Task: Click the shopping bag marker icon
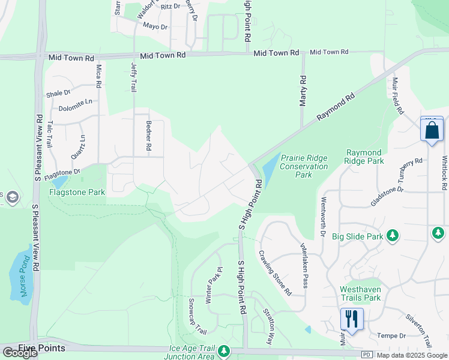pyautogui.click(x=432, y=130)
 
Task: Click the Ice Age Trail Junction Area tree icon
pyautogui.click(x=224, y=350)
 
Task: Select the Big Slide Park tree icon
pyautogui.click(x=393, y=235)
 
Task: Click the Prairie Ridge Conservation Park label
pyautogui.click(x=304, y=166)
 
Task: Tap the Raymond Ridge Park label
pyautogui.click(x=364, y=157)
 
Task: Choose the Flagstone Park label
pyautogui.click(x=77, y=193)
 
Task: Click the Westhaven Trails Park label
pyautogui.click(x=360, y=293)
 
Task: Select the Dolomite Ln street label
pyautogui.click(x=76, y=109)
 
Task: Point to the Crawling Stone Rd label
pyautogui.click(x=275, y=272)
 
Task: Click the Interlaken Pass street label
pyautogui.click(x=304, y=265)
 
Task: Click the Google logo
pyautogui.click(x=20, y=353)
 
